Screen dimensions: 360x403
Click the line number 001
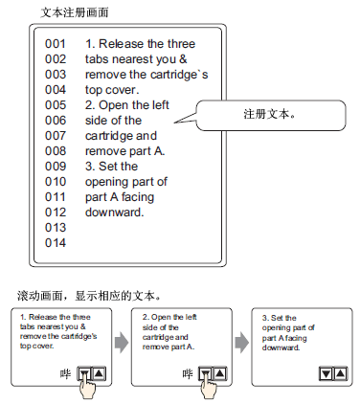point(56,44)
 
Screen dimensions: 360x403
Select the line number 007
point(56,136)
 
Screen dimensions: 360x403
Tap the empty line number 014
point(56,243)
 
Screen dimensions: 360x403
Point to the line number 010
point(56,182)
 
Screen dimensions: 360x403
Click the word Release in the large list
point(119,44)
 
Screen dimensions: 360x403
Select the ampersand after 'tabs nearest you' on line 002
point(183,59)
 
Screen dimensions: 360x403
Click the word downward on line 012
point(114,213)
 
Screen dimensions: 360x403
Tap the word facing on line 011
point(138,197)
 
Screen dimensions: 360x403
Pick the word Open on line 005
point(114,105)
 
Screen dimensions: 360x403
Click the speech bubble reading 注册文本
point(271,115)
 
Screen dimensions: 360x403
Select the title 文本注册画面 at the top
point(75,12)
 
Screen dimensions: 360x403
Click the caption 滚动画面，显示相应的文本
point(89,296)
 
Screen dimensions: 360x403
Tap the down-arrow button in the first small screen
point(84,373)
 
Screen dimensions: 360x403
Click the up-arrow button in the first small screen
point(99,373)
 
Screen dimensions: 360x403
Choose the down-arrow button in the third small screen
point(326,373)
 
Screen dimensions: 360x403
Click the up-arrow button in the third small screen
point(340,373)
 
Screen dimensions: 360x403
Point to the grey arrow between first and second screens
point(122,343)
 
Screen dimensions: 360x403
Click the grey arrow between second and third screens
point(241,343)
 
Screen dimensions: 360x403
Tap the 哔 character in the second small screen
point(188,373)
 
